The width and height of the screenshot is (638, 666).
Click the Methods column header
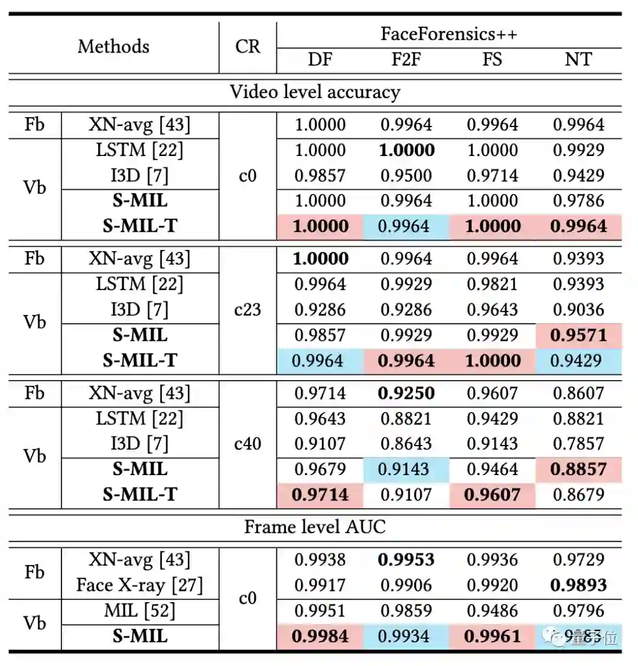pyautogui.click(x=113, y=46)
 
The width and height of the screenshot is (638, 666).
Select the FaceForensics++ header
pyautogui.click(x=448, y=34)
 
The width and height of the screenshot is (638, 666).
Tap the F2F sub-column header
pyautogui.click(x=406, y=60)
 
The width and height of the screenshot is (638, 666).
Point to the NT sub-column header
pyautogui.click(x=578, y=60)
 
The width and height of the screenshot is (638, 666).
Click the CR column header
pyautogui.click(x=248, y=46)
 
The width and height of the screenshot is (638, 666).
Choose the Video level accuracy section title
pyautogui.click(x=315, y=92)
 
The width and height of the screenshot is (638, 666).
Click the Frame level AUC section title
pyautogui.click(x=315, y=527)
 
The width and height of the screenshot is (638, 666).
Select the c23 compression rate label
pyautogui.click(x=248, y=310)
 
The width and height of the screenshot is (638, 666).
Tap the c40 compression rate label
pyautogui.click(x=248, y=444)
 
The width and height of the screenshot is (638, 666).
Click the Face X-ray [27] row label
pyautogui.click(x=139, y=585)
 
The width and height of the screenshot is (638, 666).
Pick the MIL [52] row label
pyautogui.click(x=139, y=610)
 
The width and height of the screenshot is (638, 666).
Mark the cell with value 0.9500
pyautogui.click(x=406, y=176)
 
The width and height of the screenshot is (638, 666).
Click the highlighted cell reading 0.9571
pyautogui.click(x=578, y=335)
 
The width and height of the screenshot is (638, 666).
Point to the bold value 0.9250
pyautogui.click(x=406, y=393)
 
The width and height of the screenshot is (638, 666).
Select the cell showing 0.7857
pyautogui.click(x=578, y=444)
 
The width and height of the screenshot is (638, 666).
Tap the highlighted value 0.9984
pyautogui.click(x=320, y=636)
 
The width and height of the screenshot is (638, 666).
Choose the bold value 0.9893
pyautogui.click(x=578, y=585)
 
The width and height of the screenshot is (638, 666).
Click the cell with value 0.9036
pyautogui.click(x=578, y=310)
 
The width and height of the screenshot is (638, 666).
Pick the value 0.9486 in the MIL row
pyautogui.click(x=493, y=610)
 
